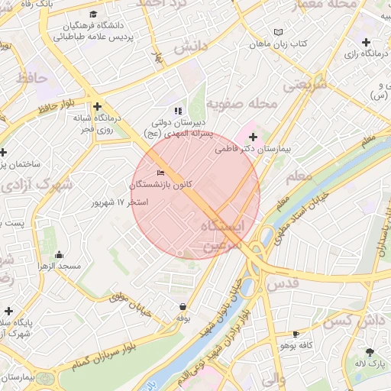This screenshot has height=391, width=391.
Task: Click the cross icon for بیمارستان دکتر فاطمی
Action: coord(254,137)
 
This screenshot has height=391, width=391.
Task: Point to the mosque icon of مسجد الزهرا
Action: coord(60,255)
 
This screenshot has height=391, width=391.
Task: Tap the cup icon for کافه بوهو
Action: coord(296,334)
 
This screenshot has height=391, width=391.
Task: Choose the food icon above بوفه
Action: coord(183,305)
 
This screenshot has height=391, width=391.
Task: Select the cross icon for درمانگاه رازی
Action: coord(366,42)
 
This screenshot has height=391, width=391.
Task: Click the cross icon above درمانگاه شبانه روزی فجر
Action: coord(97,107)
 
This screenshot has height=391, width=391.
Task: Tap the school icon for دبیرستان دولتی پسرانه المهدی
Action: coord(178,111)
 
